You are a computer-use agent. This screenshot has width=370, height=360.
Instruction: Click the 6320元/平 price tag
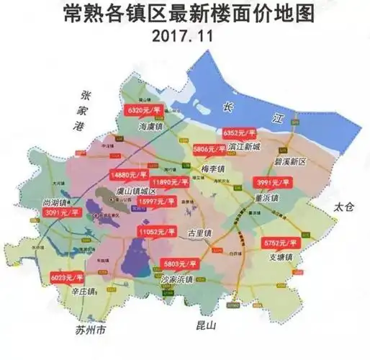pos(144,111)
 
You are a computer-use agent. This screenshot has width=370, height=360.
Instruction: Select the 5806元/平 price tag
pos(209,148)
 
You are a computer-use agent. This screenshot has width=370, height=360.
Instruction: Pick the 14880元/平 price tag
pos(129,174)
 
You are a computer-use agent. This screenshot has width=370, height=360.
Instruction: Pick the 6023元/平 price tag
pos(67,276)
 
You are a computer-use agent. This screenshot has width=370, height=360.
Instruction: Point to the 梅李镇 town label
pos(213,169)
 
